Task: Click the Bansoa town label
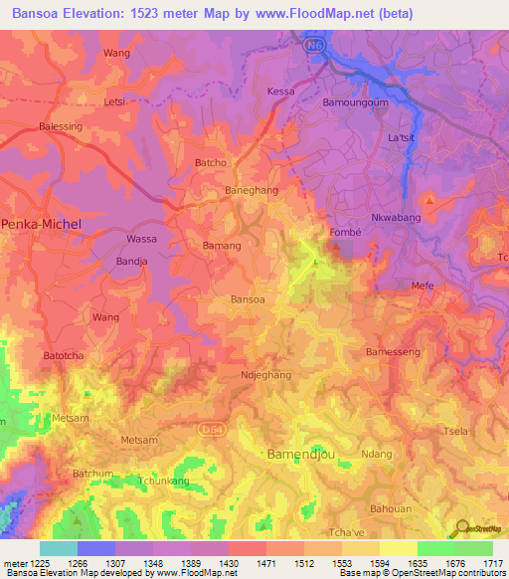(x=248, y=298)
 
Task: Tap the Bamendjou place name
(x=301, y=454)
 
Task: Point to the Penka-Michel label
(x=41, y=224)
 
